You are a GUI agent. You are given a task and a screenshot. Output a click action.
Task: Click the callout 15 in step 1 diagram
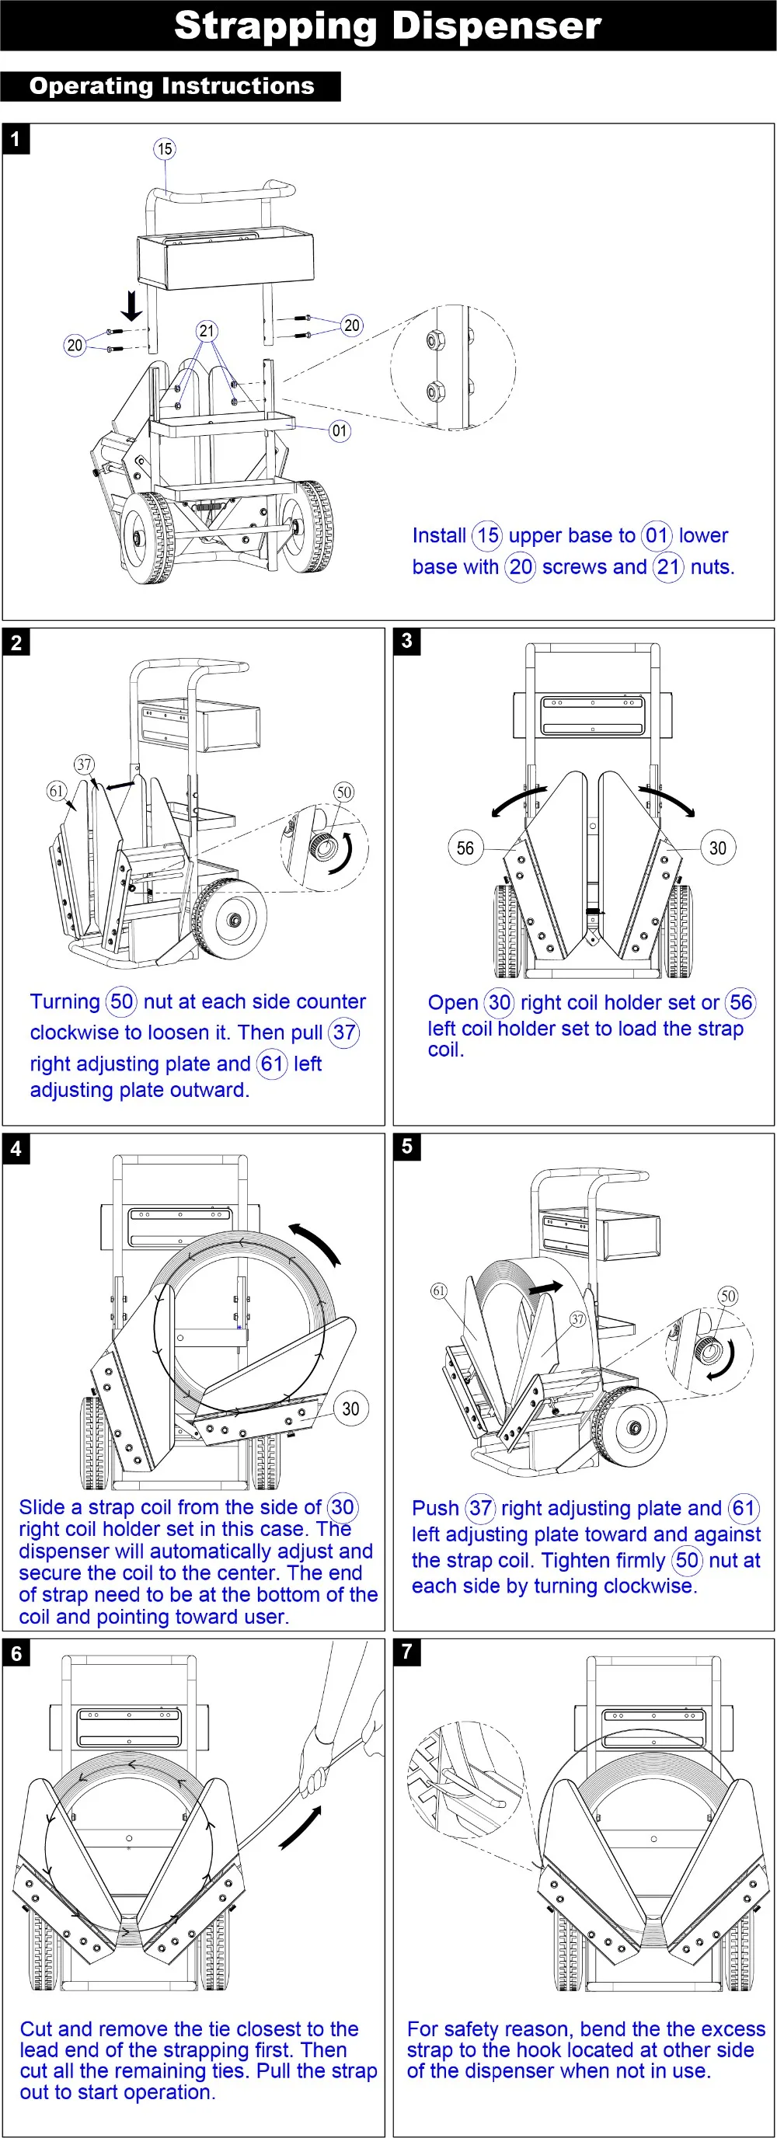point(165,148)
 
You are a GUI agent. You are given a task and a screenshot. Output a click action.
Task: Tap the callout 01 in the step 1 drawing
point(339,430)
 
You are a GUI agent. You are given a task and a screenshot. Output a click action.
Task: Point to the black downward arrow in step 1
point(131,305)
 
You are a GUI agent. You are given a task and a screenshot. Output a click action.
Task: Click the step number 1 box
point(16,138)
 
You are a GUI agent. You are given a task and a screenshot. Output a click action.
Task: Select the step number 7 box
point(407,1651)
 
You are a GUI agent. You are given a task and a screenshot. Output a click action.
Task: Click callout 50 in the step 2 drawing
point(343,792)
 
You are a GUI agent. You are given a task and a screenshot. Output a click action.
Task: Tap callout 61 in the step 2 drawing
point(56,790)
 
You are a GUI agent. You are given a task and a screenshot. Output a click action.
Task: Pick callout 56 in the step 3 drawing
point(465,848)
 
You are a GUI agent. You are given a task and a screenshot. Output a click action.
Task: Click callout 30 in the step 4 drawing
point(350,1409)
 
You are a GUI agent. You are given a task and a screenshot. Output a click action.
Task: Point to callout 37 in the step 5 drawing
point(577,1319)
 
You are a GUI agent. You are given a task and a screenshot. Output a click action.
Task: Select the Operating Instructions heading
point(171,86)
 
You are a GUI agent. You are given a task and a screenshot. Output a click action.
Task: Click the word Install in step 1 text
point(439,535)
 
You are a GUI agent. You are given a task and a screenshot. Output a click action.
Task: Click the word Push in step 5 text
point(435,1508)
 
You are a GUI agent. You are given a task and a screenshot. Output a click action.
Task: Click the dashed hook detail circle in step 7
point(465,1782)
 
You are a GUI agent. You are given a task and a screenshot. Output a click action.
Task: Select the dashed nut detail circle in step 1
point(452,367)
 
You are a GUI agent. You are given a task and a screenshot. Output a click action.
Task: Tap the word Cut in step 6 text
point(36,2028)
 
